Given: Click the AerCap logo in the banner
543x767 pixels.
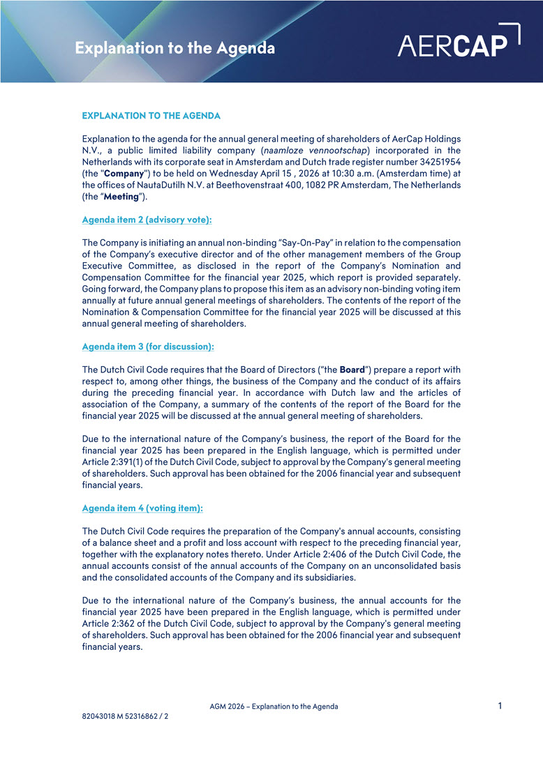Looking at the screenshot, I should [x=459, y=41].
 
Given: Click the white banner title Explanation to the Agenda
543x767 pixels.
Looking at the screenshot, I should [x=174, y=48].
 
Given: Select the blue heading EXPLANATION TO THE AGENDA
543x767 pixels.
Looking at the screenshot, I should [x=151, y=115].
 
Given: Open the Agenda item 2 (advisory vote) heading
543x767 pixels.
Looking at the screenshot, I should [x=147, y=220].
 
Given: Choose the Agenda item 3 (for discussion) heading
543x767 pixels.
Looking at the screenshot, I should [x=148, y=347].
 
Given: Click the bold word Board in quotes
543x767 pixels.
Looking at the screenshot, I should [x=352, y=370].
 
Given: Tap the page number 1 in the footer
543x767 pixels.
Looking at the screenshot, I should [x=500, y=706].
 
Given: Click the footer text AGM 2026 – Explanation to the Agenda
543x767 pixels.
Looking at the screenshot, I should [x=274, y=706].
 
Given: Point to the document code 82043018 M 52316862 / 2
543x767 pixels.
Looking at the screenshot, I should [x=125, y=716].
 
